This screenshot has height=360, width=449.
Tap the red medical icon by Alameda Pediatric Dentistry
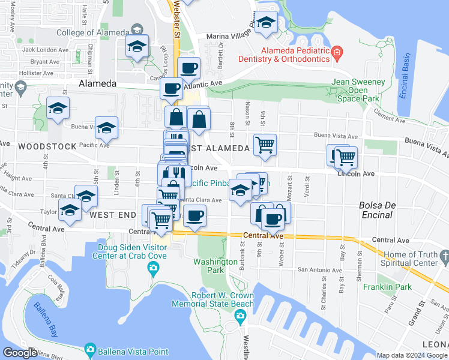point(337,53)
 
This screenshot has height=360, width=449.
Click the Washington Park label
point(215,266)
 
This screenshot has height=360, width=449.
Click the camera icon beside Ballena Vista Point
point(90,349)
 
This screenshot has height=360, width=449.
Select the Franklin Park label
point(387,287)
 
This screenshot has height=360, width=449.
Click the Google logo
point(20,353)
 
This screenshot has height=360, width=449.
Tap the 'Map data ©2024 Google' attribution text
point(411,355)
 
